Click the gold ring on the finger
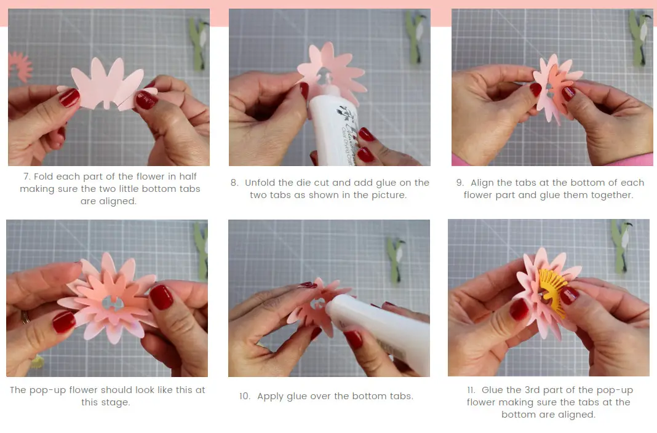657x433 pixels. (x=25, y=317)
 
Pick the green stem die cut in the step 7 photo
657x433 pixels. (x=199, y=43)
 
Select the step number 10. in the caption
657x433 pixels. (x=245, y=396)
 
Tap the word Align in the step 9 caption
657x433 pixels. (x=484, y=183)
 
